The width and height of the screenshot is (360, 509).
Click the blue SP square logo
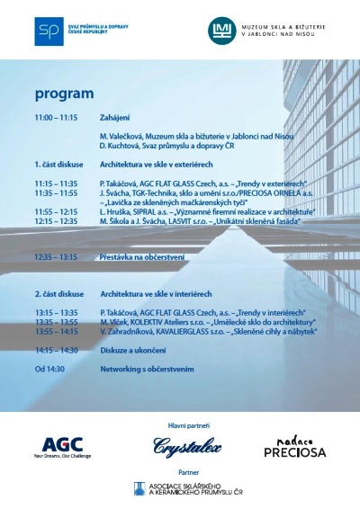[x=47, y=32]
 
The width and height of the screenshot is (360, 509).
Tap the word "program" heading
[x=64, y=94]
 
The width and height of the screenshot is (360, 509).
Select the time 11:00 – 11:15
[x=56, y=118]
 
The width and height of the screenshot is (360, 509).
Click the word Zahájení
[x=114, y=118]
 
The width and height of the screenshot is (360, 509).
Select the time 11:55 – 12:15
[x=56, y=212]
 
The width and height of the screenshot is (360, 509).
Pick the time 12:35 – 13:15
[x=56, y=257]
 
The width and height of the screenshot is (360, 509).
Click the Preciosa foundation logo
[x=293, y=444]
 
